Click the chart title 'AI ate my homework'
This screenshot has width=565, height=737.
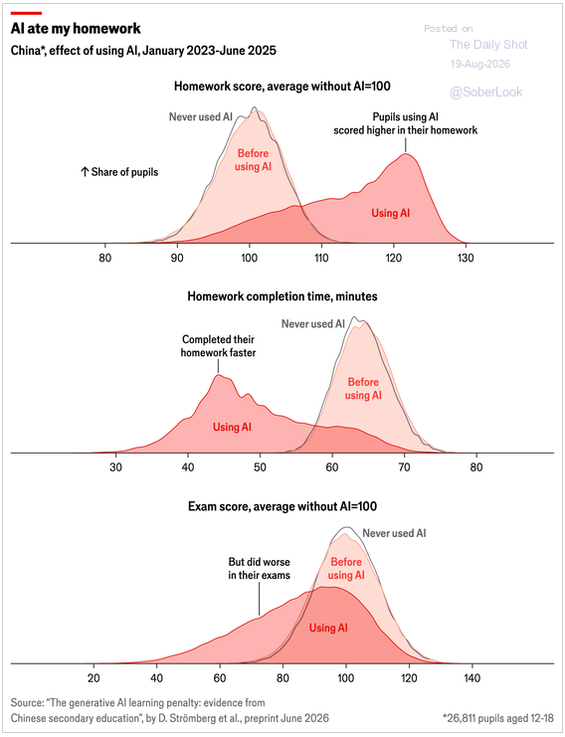[76, 29]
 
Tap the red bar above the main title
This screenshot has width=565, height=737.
[26, 13]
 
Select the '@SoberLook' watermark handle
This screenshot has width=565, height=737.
[486, 92]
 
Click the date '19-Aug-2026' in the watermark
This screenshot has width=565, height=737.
[479, 64]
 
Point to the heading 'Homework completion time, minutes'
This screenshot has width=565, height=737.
[282, 296]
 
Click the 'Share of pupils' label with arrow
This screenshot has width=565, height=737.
[119, 172]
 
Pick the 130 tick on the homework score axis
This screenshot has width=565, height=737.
[466, 258]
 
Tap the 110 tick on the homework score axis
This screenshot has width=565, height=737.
[321, 258]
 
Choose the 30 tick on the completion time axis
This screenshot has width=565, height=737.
[115, 467]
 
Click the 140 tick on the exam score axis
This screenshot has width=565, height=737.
[471, 677]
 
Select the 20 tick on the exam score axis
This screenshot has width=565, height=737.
[94, 677]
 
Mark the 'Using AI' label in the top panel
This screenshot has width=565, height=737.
[391, 214]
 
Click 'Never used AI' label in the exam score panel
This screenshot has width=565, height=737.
[394, 533]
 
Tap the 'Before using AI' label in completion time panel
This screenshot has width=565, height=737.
[363, 389]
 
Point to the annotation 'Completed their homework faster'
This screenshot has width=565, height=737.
[218, 346]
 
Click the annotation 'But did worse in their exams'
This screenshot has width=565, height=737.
[259, 569]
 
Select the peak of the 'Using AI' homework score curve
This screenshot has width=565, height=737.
[406, 154]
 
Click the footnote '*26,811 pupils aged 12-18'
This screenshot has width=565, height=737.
[498, 718]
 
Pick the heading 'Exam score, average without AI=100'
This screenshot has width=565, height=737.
[282, 506]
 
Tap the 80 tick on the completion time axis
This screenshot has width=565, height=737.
[476, 467]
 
